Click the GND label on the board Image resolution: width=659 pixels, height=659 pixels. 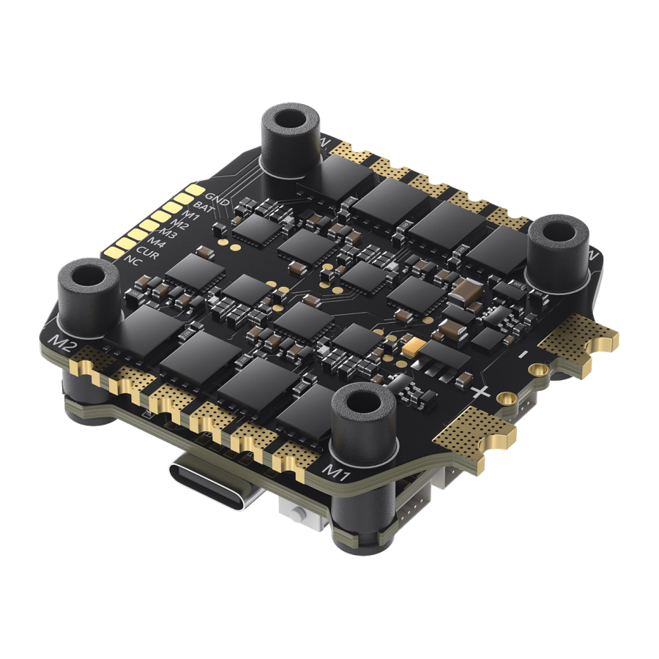tap(217, 197)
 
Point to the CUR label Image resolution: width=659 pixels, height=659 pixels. tap(146, 250)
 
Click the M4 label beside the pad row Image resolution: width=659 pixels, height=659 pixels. tap(157, 241)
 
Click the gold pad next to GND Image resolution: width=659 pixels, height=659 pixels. tap(193, 190)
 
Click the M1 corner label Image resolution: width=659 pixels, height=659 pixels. tap(338, 466)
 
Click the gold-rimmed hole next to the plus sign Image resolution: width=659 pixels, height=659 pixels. tap(503, 398)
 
